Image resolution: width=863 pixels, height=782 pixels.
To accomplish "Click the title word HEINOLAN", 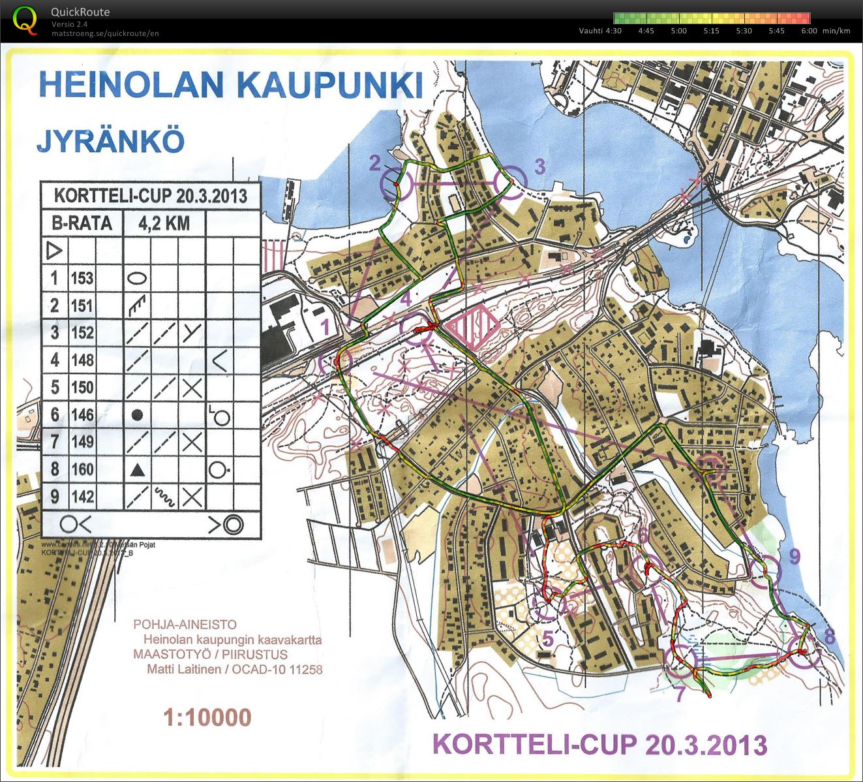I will point(125,84).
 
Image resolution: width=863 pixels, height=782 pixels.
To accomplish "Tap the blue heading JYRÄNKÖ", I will point(110,140).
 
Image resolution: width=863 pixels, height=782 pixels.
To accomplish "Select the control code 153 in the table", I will point(82,278).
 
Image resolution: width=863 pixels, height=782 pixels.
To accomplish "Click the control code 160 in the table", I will point(82,469).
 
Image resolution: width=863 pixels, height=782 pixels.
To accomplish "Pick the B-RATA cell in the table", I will point(82,223).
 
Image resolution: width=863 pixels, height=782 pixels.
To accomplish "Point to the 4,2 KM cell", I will point(164,223).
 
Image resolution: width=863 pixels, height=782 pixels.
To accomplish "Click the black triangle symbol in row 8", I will point(136,469).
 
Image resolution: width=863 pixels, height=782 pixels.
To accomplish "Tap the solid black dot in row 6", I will point(136,414).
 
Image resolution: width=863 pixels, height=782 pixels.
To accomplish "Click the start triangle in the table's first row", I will point(54,250).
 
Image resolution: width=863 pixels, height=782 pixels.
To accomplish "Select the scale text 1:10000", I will point(207,717).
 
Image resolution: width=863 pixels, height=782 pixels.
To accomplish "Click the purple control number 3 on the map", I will point(539,166).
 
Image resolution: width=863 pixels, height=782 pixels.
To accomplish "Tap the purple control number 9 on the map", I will point(794,555).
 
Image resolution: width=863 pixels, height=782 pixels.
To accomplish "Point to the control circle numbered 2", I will point(395,184).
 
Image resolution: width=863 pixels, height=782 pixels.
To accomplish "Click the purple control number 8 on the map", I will point(829,636).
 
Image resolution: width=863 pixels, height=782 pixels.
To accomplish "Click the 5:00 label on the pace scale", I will point(678,31).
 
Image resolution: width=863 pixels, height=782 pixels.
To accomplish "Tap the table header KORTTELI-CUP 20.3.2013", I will point(151,196).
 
